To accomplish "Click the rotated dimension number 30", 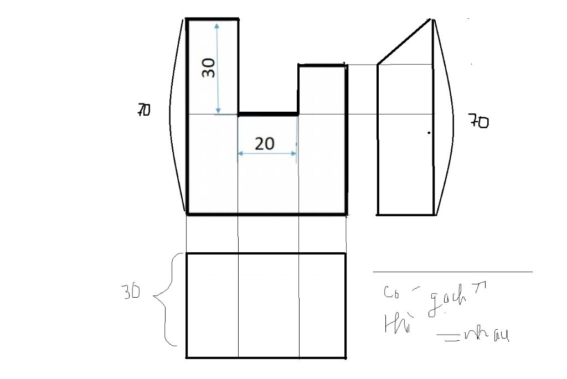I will click(208, 68).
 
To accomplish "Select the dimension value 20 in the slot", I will click(265, 144).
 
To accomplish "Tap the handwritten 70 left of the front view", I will click(143, 111).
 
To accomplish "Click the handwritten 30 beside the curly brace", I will click(132, 293).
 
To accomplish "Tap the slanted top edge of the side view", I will click(404, 42).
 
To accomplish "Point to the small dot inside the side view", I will click(428, 133).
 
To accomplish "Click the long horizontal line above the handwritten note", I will click(452, 272).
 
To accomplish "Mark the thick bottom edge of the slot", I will click(268, 115).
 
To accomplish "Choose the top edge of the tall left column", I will click(213, 19).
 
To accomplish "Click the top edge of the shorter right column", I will click(323, 65).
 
